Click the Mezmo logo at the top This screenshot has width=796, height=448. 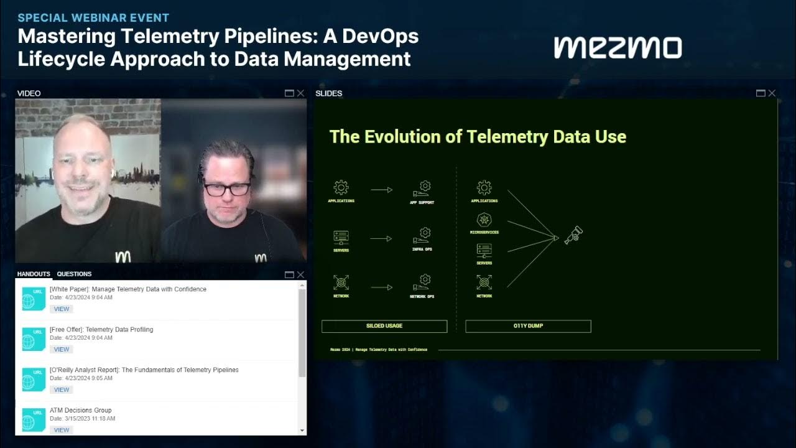pos(617,48)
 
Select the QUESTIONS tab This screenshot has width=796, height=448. pos(74,274)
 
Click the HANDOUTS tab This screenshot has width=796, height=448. pos(34,274)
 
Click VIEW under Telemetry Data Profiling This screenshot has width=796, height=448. pos(62,349)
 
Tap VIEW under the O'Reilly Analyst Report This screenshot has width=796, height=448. pos(62,390)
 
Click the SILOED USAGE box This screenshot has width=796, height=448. pos(384,326)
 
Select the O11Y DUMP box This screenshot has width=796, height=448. pos(528,326)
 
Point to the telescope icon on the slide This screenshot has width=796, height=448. pos(573,235)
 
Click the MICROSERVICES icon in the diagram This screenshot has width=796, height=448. pos(484,220)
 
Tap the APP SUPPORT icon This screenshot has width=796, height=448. pos(422,189)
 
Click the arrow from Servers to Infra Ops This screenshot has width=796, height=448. pos(381,238)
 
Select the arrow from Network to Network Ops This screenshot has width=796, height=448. pos(381,287)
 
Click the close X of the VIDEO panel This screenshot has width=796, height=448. pos(301,93)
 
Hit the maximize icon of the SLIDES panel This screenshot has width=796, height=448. pos(761,93)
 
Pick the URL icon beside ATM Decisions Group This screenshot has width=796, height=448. pos(34,419)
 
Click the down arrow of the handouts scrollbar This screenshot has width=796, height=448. pos(302,430)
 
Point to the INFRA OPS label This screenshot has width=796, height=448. pos(422,250)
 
